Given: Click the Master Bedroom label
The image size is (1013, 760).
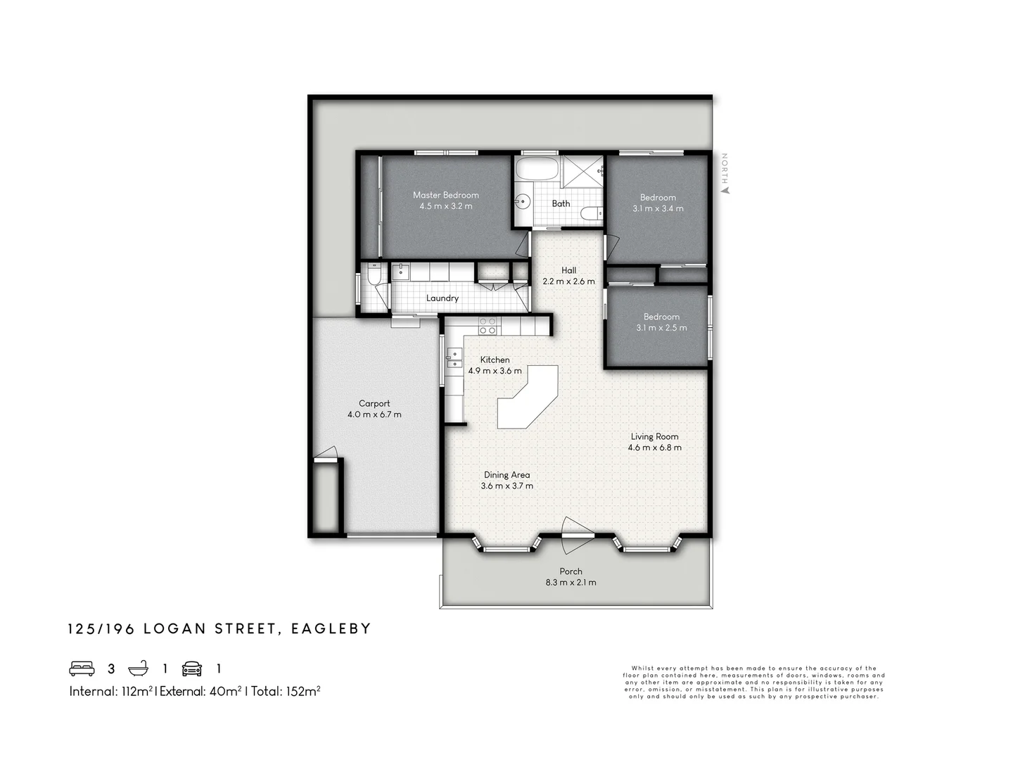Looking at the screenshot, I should coord(445,195).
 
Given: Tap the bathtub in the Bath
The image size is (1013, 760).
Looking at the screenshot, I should coord(536,170).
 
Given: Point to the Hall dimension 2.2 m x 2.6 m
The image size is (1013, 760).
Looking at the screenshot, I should coord(568,281).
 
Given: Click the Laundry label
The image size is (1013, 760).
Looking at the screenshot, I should coord(442,298).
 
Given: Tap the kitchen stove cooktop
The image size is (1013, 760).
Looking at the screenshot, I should coord(488,326).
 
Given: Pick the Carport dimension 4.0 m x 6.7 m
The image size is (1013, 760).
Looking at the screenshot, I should coord(374,414).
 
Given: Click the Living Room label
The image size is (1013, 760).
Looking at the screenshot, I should coord(654,436).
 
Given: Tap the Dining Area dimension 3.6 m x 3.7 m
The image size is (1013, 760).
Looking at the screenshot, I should coord(507,486).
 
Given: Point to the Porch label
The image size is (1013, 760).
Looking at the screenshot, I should coord(571,571).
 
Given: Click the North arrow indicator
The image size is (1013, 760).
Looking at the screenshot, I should coord(725,189).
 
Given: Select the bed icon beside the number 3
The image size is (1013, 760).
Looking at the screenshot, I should coord(82,669).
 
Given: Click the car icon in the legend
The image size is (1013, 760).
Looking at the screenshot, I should coord(192,669).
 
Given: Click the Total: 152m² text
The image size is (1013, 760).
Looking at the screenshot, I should coord(286,691).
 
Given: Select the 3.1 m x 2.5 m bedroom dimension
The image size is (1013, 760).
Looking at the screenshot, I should coord(661,328).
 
